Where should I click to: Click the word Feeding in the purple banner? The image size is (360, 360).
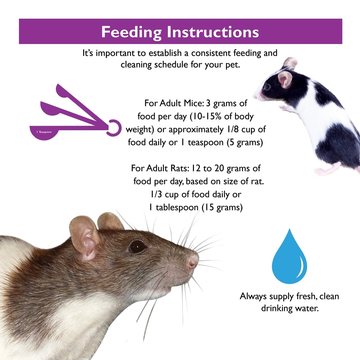pyautogui.click(x=131, y=32)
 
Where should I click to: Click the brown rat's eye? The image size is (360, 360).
pyautogui.click(x=137, y=246)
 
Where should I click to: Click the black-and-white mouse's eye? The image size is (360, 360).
pyautogui.click(x=267, y=87)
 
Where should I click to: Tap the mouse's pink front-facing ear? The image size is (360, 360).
pyautogui.click(x=285, y=79)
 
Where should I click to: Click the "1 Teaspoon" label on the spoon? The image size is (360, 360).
pyautogui.click(x=44, y=132)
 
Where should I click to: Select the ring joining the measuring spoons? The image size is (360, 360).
pyautogui.click(x=114, y=128)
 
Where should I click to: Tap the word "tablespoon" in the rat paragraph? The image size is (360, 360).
pyautogui.click(x=177, y=207)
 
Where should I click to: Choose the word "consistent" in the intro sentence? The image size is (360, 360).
pyautogui.click(x=211, y=53)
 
